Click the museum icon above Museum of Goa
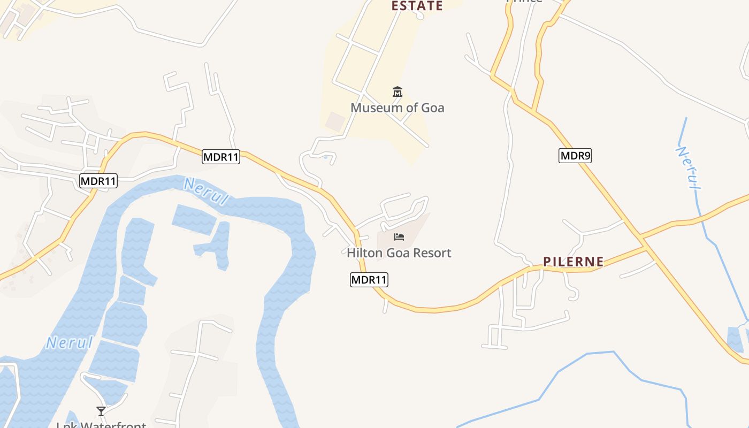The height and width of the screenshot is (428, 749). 397,92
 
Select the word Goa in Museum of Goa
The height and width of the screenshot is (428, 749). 432,108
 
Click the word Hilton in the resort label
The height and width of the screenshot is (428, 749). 364,253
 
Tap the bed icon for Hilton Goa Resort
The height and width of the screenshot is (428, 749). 399,237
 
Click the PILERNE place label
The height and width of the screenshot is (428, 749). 574,262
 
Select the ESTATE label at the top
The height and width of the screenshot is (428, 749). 417,6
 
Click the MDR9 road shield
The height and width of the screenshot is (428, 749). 575,156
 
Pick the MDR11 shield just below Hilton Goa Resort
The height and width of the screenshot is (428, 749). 369,279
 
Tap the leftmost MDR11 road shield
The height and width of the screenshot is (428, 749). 98,181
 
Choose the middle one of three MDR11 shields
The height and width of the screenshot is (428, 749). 221,157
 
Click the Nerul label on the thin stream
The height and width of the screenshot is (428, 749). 689,167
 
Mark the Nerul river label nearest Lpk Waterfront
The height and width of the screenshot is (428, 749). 70,342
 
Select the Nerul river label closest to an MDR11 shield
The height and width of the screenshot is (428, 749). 206,191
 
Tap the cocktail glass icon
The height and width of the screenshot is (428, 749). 101,411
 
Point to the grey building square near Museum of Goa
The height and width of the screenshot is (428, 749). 335,121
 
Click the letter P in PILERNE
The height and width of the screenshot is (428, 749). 547,262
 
